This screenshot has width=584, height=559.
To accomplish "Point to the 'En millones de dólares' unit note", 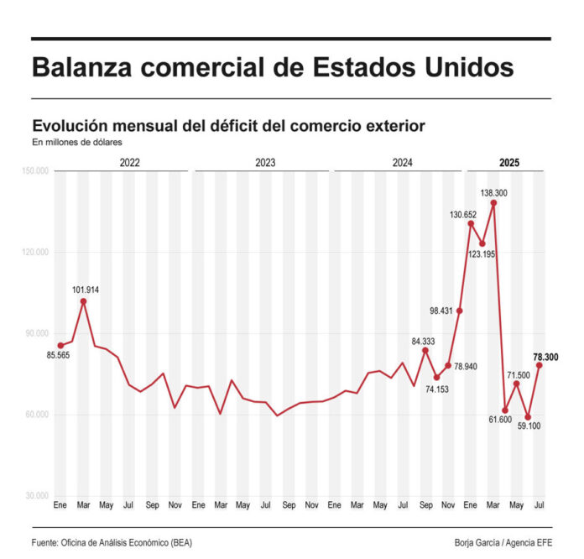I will pos(77,143).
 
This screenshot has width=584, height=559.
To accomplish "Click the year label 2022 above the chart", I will pos(129,163).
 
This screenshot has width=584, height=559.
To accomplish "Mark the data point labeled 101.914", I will pos(83,300).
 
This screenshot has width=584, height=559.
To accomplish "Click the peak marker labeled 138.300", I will pos(493,202).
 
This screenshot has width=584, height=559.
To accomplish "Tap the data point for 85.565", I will pos(60,345).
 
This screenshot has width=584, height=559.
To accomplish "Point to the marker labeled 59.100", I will pos(528,416).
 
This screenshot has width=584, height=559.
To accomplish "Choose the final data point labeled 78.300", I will pos(540,365).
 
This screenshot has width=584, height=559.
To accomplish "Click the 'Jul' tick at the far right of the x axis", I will pos(540,506).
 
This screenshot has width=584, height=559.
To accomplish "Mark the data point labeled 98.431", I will pos(459,311).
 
